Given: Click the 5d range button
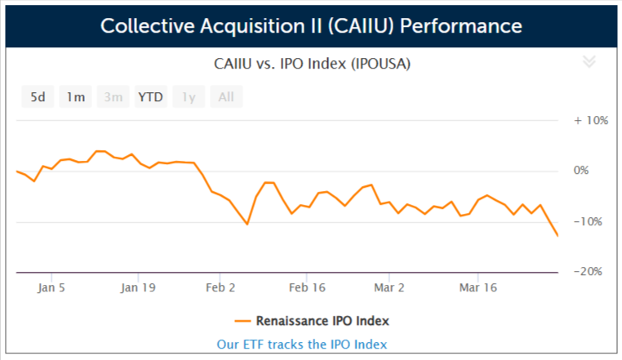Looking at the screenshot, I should click(x=38, y=98).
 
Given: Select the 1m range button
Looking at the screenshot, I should click(x=76, y=98).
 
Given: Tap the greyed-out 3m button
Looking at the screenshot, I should click(x=113, y=98).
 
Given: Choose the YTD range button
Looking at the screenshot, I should click(x=150, y=98).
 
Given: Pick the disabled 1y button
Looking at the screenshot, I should click(x=189, y=98).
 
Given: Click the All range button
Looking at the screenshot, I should click(x=226, y=98).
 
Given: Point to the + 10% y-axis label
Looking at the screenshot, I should click(x=591, y=120).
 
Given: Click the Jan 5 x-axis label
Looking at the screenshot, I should click(x=51, y=287).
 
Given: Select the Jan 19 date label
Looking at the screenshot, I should click(x=138, y=287).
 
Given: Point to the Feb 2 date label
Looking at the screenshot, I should click(x=220, y=287).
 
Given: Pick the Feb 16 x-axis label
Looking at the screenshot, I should click(x=307, y=287).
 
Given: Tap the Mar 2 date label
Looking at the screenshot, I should click(x=389, y=287).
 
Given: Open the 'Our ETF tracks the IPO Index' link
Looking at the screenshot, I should click(x=302, y=344).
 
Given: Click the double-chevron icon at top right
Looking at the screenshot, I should click(x=589, y=62).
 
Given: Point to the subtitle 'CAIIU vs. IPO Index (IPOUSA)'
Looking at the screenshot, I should click(x=312, y=63).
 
